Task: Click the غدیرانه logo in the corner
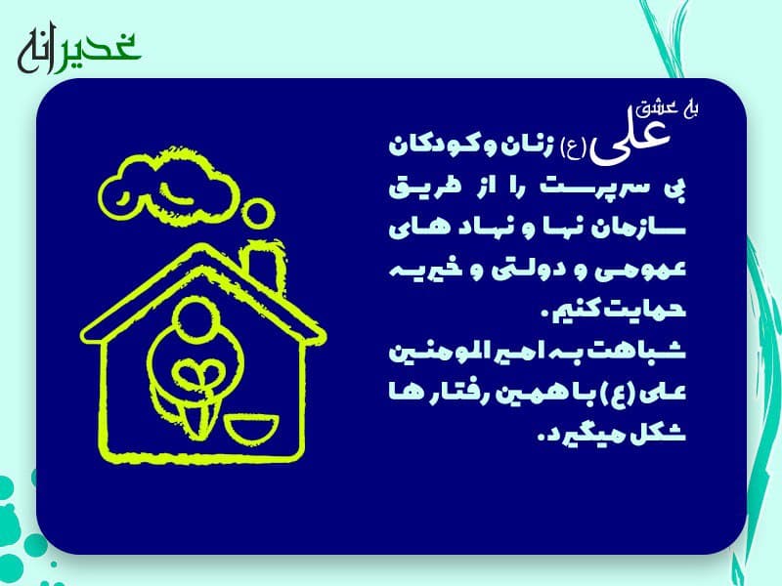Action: pos(79,52)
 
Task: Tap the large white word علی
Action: pos(630,141)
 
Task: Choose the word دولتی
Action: pos(519,270)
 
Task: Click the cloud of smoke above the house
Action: pos(168,186)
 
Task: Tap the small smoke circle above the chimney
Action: pos(258,213)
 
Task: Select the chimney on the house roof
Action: pos(265,264)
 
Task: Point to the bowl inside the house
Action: pos(251,429)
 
